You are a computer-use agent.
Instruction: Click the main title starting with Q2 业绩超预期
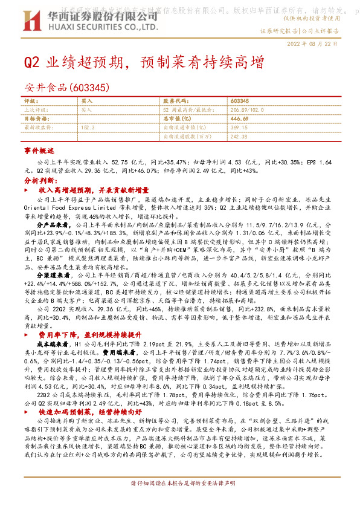click(x=144, y=63)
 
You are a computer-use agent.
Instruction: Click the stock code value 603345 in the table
click(x=240, y=101)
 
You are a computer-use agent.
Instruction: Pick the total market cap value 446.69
click(x=240, y=119)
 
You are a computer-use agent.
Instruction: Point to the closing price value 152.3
click(x=88, y=128)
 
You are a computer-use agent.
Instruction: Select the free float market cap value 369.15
click(x=240, y=128)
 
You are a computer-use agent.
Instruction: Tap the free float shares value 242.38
click(x=240, y=137)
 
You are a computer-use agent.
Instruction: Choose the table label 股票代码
click(x=175, y=101)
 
